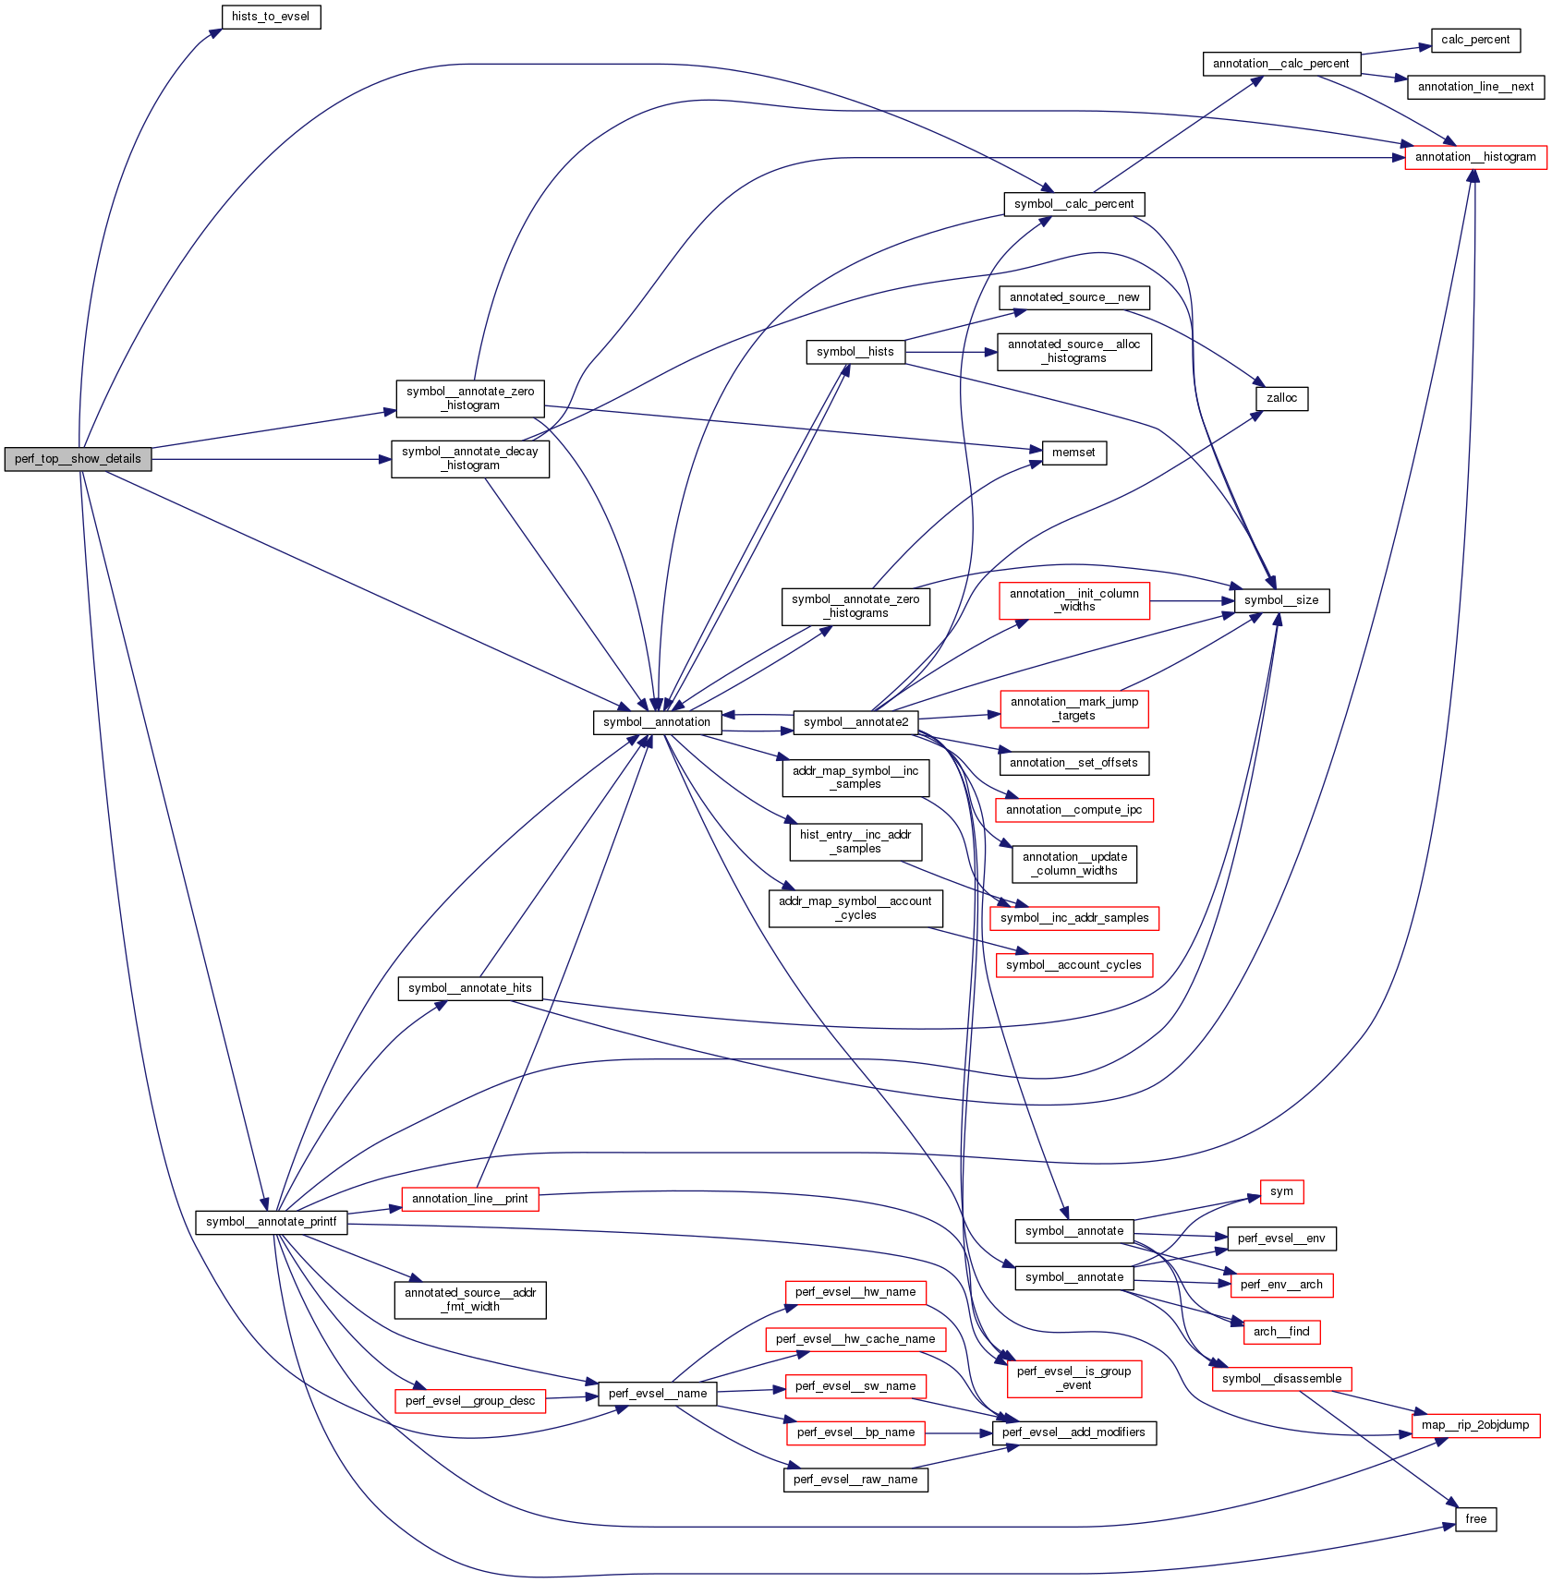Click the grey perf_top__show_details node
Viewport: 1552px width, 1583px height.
78,459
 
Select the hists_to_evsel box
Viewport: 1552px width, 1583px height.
271,17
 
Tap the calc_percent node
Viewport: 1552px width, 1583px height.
1475,40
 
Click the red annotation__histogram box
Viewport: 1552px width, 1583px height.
1475,157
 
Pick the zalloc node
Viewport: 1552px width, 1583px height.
1281,398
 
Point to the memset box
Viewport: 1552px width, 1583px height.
1073,453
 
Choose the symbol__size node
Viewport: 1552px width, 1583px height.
1281,600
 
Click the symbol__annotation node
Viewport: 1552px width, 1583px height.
657,722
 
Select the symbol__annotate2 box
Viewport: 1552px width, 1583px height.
855,722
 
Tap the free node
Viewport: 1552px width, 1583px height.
1475,1519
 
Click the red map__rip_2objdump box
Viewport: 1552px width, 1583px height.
1475,1425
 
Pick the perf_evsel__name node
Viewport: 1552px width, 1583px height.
657,1394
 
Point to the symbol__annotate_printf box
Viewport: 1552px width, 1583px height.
271,1222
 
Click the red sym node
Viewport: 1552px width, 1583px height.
1281,1191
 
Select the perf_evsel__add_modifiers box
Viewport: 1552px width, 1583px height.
1073,1432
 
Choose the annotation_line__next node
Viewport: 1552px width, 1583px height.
1475,87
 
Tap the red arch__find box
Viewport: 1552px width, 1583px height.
1281,1332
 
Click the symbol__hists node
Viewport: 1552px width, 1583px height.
855,352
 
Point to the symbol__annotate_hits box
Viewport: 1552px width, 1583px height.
469,988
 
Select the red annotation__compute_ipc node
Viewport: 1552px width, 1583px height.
1073,810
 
